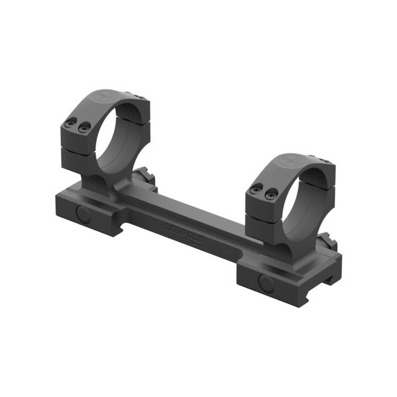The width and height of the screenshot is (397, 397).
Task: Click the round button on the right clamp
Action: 265,282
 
